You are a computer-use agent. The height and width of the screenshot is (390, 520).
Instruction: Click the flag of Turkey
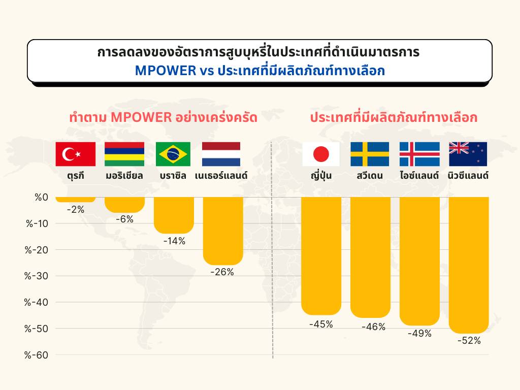point(76,154)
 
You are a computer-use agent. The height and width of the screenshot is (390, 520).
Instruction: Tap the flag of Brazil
point(173,154)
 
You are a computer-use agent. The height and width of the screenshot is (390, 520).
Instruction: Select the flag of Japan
point(321,154)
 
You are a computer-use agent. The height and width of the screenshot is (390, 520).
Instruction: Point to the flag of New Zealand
point(468,154)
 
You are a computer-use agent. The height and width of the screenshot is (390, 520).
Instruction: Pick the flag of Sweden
point(370,154)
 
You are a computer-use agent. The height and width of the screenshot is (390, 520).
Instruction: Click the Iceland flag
point(419,154)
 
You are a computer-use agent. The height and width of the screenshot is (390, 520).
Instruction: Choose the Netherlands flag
point(221,154)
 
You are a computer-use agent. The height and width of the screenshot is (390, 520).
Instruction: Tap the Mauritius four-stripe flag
point(124,154)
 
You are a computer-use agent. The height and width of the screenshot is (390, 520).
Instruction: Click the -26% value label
point(222,272)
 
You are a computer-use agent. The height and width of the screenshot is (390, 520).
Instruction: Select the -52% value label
point(469,341)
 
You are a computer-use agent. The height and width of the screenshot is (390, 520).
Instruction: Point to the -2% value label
point(76,209)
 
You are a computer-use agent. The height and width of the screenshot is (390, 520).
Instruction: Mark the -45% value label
point(321,323)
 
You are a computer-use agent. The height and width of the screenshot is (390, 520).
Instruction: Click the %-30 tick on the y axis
point(36,276)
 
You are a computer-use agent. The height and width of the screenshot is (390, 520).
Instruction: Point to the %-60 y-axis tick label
point(36,355)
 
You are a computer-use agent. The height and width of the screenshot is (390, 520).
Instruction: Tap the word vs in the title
point(206,71)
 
